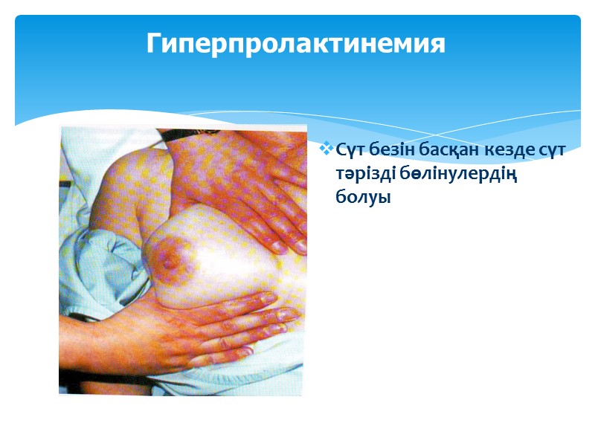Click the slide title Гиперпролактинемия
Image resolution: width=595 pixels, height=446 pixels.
coord(295,43)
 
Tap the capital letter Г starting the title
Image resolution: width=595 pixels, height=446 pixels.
coord(153,42)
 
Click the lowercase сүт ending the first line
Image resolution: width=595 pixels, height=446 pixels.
coord(554,151)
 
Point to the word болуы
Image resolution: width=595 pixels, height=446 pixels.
coord(363,198)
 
